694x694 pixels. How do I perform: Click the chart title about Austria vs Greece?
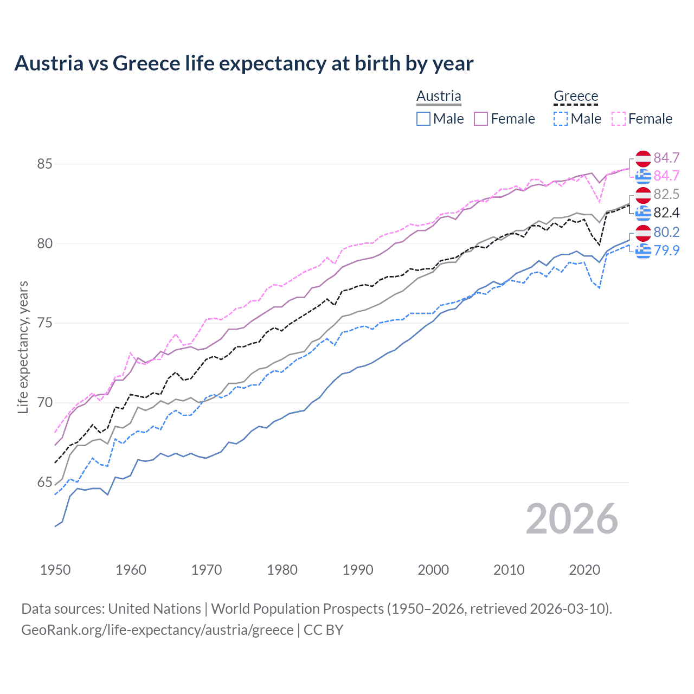coord(243,63)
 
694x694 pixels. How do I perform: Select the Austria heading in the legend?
coord(439,96)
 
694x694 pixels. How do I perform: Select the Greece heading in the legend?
coord(575,96)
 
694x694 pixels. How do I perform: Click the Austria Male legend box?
coord(423,119)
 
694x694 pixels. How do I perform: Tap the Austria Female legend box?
coord(481,119)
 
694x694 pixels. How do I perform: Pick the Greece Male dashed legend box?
coord(561,119)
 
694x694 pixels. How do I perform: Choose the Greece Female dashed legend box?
coord(619,119)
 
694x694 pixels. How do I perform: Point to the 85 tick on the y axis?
coord(45,164)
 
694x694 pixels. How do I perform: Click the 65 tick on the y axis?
coord(45,482)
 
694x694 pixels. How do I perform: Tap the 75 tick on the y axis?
coord(45,323)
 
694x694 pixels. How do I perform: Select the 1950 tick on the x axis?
coord(55,570)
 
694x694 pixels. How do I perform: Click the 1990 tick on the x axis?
coord(358,570)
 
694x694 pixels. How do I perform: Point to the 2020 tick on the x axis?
coord(584,570)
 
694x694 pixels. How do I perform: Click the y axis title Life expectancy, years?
coord(23,347)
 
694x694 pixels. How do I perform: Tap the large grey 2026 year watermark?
coord(571,519)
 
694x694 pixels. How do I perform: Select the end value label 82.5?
coord(666,194)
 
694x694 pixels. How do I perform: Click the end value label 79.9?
coord(666,250)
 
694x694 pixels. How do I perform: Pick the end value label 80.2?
coord(666,232)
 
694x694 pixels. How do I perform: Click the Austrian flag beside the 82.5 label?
coord(643,195)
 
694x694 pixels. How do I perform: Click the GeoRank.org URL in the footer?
coord(157,630)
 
